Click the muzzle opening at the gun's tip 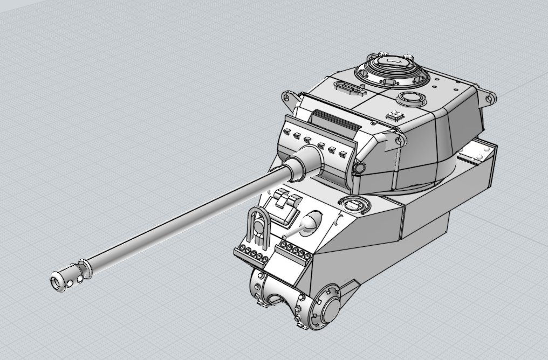[x=56, y=281]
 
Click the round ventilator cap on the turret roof [x=412, y=99]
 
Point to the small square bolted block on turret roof [x=395, y=115]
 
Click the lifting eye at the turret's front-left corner [x=286, y=99]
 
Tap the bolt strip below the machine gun [x=294, y=251]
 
